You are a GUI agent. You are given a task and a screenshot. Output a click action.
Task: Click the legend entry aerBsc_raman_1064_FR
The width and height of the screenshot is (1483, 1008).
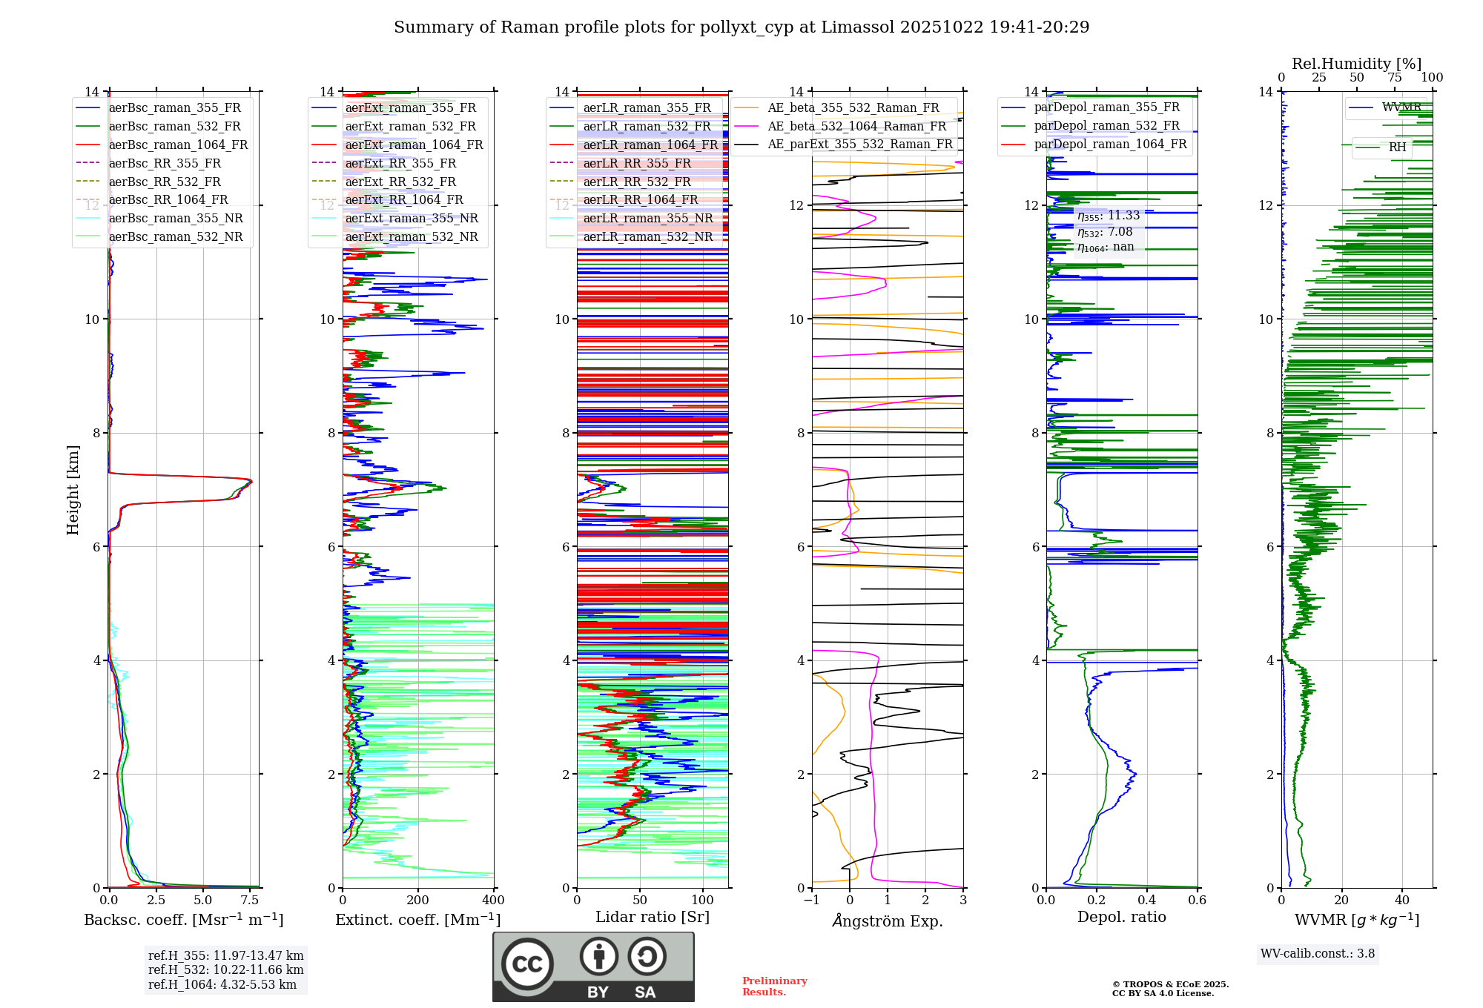(x=178, y=145)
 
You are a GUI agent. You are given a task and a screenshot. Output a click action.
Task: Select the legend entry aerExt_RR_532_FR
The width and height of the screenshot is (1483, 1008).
(x=400, y=182)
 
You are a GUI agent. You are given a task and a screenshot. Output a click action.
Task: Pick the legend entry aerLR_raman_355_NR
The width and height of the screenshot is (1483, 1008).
(x=647, y=218)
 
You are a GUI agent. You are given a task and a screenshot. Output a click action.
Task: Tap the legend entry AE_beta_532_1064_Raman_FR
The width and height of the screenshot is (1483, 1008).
(x=856, y=126)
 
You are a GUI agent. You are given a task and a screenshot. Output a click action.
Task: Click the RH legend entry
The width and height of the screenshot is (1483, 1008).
(x=1397, y=147)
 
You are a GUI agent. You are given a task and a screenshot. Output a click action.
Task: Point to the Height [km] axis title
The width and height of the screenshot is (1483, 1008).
(x=73, y=490)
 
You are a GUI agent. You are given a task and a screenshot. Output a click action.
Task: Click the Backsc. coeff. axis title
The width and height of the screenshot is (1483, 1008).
(x=183, y=920)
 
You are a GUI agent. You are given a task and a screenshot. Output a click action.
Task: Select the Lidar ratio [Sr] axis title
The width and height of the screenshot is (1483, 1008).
(x=653, y=917)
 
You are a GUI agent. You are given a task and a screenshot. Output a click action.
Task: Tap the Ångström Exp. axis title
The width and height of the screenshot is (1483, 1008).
(x=888, y=921)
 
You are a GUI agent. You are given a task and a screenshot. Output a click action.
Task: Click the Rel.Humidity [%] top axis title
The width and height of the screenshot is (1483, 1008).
(x=1356, y=64)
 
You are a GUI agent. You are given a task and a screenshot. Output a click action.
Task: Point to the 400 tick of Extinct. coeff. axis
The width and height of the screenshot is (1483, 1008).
(x=494, y=901)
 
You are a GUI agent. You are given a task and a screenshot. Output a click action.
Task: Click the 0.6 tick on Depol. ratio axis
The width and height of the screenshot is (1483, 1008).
(x=1198, y=901)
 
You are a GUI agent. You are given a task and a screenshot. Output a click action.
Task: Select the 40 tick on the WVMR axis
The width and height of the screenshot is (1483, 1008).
(x=1402, y=901)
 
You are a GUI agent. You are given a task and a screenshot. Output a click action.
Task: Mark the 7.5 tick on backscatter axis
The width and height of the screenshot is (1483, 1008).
(x=250, y=901)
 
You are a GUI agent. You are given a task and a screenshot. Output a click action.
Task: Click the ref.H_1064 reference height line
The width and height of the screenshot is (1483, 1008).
(x=222, y=984)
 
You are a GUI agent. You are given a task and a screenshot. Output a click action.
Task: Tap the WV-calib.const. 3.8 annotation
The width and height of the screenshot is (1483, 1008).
(x=1318, y=954)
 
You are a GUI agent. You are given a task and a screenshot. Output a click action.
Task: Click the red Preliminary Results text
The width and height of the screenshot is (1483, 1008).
(x=774, y=987)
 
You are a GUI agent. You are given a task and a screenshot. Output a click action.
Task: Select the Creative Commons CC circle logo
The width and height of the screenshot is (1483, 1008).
(x=527, y=964)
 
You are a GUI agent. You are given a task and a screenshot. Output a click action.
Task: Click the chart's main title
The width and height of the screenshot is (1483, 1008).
(x=741, y=27)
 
